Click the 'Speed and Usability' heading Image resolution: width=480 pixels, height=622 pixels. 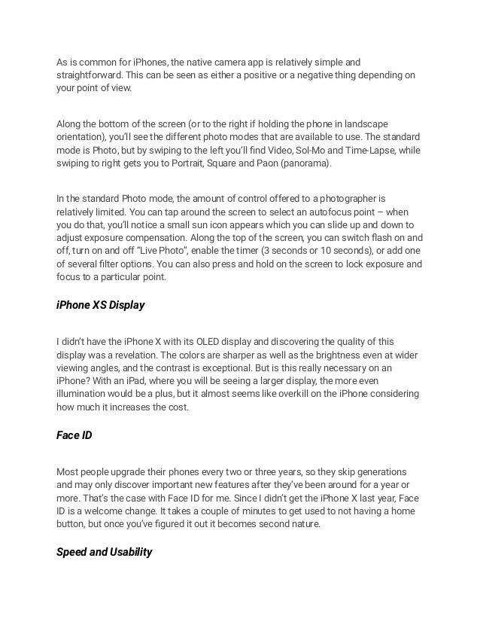pyautogui.click(x=105, y=553)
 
